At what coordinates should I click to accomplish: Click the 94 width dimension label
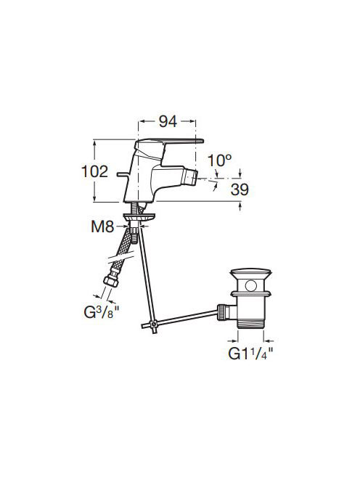[x=168, y=121]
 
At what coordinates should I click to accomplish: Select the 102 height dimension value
[x=94, y=171]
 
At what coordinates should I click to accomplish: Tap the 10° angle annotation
[x=219, y=160]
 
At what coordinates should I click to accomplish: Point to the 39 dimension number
[x=240, y=189]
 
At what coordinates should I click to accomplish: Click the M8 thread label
[x=102, y=227]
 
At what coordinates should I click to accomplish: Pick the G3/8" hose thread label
[x=102, y=312]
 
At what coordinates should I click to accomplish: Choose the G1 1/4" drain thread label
[x=250, y=354]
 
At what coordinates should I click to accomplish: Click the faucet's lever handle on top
[x=169, y=143]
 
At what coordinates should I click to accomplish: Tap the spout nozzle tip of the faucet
[x=190, y=178]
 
